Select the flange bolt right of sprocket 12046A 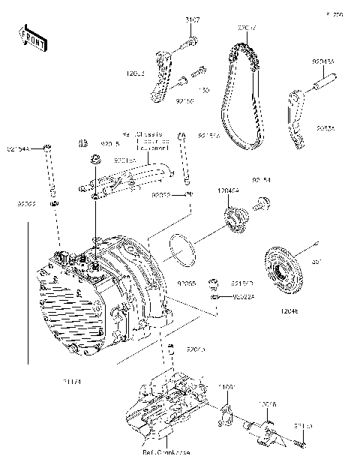tap(263, 201)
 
